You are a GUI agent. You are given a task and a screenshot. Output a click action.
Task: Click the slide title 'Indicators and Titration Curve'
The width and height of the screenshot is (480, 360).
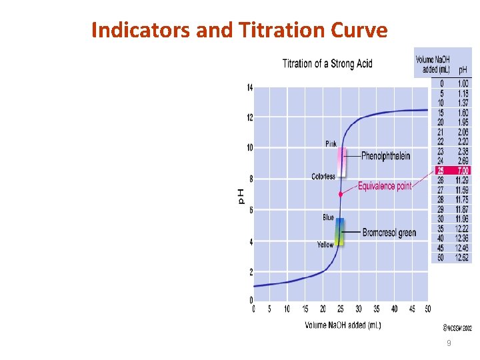click(239, 30)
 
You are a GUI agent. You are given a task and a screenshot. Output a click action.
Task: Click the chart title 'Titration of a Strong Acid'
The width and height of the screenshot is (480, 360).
click(327, 63)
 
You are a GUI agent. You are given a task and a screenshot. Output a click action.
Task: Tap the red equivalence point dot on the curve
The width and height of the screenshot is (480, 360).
click(341, 194)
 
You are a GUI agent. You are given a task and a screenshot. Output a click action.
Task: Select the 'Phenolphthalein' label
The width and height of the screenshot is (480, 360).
click(385, 156)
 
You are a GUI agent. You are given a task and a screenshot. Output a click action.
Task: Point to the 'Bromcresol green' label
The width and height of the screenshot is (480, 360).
click(389, 233)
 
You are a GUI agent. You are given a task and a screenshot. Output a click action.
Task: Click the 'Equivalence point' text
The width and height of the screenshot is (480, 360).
click(385, 186)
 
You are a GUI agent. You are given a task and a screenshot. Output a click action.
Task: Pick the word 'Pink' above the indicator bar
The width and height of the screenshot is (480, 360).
click(331, 144)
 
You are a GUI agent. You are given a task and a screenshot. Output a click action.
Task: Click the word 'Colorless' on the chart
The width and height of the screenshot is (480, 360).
click(323, 177)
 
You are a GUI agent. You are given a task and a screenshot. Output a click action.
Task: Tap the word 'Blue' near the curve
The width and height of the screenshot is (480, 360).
click(328, 217)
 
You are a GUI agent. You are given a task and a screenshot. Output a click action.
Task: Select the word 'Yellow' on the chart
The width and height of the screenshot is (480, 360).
click(325, 245)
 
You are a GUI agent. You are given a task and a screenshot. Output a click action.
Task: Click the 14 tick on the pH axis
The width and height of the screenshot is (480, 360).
click(249, 88)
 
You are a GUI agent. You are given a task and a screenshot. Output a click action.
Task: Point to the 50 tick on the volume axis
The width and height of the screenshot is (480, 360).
click(427, 309)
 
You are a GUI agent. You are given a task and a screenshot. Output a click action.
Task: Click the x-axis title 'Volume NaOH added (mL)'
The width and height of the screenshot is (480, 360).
click(343, 325)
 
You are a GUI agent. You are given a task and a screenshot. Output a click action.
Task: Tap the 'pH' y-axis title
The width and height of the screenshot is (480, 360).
click(241, 195)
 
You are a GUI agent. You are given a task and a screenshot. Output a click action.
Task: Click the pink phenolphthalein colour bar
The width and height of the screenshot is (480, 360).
click(341, 161)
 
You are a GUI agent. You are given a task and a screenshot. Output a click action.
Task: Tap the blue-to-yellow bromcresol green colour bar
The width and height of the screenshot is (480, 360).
click(339, 231)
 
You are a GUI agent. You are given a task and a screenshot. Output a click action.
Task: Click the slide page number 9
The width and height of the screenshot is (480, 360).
click(449, 343)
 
